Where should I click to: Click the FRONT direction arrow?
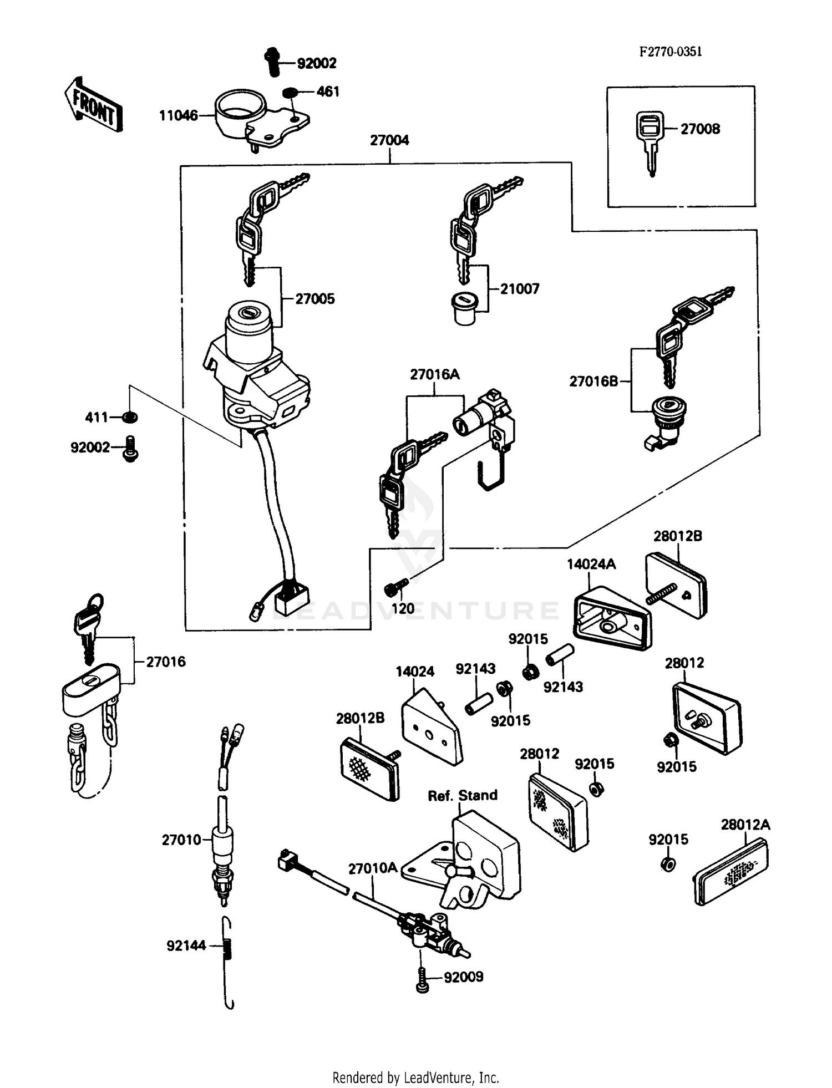pyautogui.click(x=93, y=105)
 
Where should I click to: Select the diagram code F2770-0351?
pyautogui.click(x=670, y=52)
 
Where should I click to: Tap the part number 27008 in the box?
pyautogui.click(x=700, y=129)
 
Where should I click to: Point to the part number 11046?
pyautogui.click(x=178, y=115)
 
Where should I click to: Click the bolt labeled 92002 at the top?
pyautogui.click(x=272, y=62)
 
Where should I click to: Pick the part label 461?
pyautogui.click(x=328, y=91)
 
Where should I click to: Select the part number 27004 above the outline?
pyautogui.click(x=389, y=140)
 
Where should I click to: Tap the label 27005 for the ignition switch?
pyautogui.click(x=314, y=299)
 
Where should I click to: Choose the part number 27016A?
pyautogui.click(x=435, y=374)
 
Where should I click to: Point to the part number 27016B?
pyautogui.click(x=593, y=382)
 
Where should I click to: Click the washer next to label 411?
pyautogui.click(x=131, y=416)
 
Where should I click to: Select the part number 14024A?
pyautogui.click(x=591, y=564)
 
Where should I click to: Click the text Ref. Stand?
pyautogui.click(x=463, y=795)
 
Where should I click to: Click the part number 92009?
pyautogui.click(x=464, y=992)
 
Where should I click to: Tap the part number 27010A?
pyautogui.click(x=373, y=868)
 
